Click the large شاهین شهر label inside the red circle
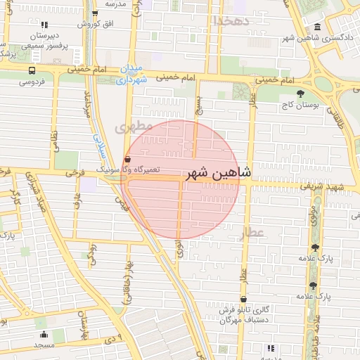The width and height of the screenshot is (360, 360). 214,173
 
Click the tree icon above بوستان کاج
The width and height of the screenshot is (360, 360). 300,93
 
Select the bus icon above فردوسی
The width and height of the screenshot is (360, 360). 32,71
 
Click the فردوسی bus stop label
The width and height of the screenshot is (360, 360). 32,82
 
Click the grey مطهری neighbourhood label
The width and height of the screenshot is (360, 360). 133,127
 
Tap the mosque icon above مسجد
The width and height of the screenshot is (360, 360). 44,335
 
